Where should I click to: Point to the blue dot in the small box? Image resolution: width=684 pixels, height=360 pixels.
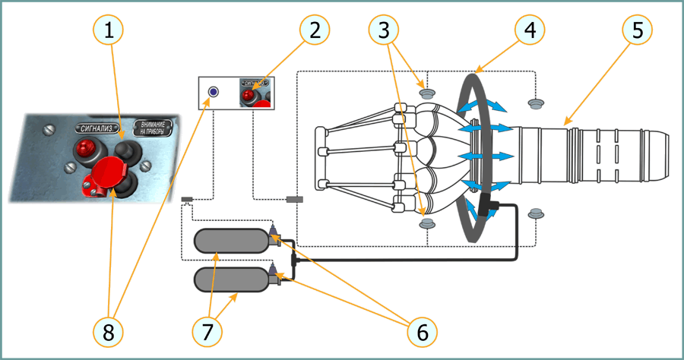[213, 92]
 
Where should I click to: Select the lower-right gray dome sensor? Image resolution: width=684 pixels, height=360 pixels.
[536, 213]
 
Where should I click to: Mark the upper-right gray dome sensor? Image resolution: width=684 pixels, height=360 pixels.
[536, 102]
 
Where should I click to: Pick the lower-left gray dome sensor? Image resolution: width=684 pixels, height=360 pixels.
[427, 223]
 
